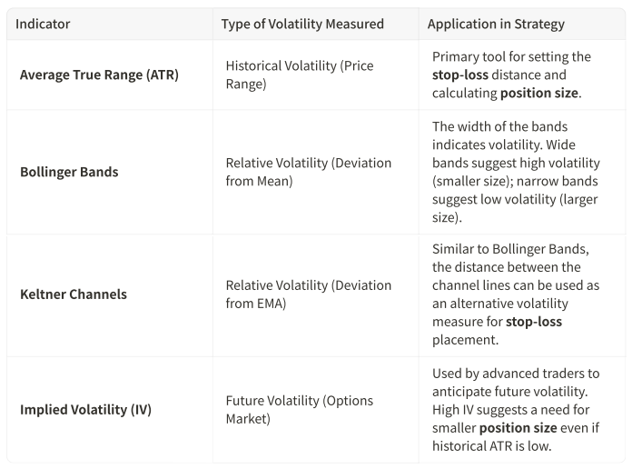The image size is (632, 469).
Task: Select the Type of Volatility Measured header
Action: pos(302,24)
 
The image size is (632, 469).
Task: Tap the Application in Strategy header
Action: pos(496,24)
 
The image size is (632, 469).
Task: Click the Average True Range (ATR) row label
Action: pos(99,75)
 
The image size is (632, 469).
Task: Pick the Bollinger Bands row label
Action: pos(69,172)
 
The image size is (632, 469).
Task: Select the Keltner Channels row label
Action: pos(74,294)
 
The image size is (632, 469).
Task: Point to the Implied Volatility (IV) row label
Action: pos(85,409)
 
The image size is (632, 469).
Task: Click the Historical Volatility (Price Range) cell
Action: pos(299,75)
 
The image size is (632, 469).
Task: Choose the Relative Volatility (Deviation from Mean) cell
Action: pos(308,172)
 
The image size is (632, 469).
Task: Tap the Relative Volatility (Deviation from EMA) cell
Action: pos(308,294)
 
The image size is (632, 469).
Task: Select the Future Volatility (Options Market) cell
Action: pos(299,409)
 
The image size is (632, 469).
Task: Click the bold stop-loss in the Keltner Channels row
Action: pos(534,322)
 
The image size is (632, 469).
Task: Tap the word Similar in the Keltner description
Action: pos(456,250)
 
